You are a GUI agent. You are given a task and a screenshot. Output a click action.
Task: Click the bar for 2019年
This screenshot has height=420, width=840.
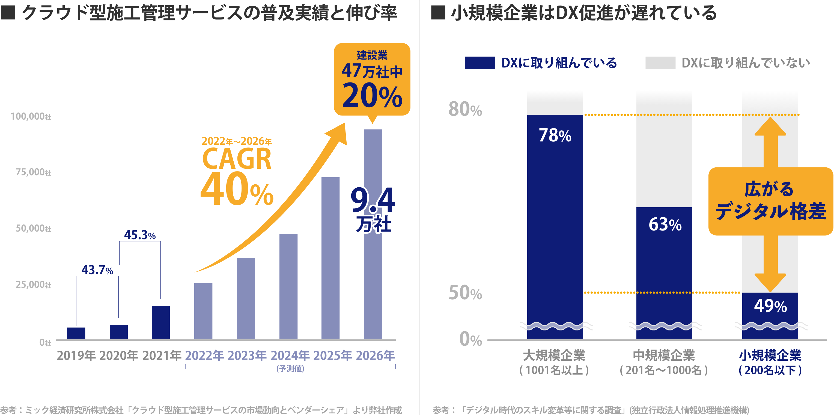point(76,333)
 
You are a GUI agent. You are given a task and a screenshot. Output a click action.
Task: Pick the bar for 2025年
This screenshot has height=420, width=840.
point(330,258)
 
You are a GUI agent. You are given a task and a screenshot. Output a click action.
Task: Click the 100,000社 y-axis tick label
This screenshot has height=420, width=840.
point(31,117)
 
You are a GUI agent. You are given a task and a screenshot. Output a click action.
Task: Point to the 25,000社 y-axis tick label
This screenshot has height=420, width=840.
point(34,285)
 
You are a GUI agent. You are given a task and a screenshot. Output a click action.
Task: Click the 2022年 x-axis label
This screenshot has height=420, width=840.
point(204,355)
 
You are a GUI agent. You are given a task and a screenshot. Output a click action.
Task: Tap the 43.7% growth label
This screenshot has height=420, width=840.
point(97,270)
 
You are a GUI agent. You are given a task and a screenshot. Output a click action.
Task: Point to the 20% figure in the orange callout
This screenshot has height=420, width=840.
point(372,96)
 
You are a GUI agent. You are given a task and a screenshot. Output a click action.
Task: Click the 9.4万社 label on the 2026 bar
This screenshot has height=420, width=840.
point(373,209)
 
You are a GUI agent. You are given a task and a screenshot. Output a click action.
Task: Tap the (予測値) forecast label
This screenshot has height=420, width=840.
point(290,369)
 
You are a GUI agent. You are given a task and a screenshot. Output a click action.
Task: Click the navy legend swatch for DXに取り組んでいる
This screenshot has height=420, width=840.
point(480,63)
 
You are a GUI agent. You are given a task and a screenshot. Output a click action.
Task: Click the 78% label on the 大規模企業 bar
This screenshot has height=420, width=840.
point(555,135)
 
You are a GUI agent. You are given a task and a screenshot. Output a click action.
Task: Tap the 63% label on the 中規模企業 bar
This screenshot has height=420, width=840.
point(665,224)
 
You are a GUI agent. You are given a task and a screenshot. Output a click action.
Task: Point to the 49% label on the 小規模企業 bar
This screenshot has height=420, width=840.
point(770,306)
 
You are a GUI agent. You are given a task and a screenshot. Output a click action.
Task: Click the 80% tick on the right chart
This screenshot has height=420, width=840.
point(465,109)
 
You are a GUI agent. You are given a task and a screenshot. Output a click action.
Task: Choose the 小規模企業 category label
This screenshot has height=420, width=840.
point(770,355)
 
